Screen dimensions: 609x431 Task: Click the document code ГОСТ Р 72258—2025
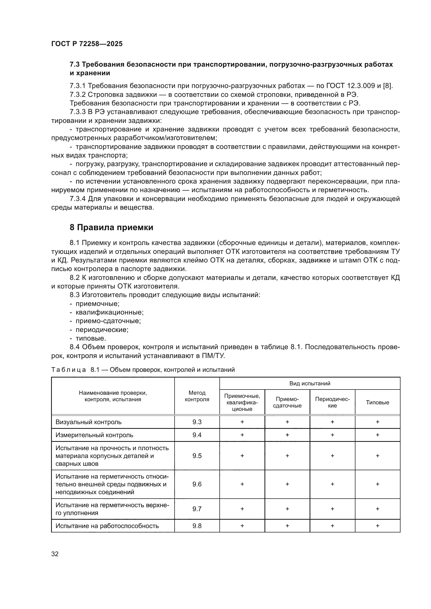[87, 44]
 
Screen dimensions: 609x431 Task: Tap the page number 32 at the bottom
[55, 554]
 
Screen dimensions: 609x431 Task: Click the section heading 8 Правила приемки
[112, 227]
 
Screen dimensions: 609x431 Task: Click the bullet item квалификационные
[109, 312]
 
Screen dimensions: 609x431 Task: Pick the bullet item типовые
[91, 338]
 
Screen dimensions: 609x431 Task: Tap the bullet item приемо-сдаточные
[108, 321]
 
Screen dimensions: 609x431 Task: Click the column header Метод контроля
[197, 396]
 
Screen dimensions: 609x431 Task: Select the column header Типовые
[377, 402]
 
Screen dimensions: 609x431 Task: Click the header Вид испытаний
[310, 383]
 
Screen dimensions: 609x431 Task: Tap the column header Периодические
[332, 402]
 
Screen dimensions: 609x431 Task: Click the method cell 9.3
[197, 422]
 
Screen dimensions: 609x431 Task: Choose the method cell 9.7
[197, 509]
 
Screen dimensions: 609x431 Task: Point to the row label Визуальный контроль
[88, 422]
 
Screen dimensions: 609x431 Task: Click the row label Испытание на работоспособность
[107, 526]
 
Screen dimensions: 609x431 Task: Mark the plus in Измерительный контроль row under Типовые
[377, 435]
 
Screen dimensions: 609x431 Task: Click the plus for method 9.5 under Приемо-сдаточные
[287, 456]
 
